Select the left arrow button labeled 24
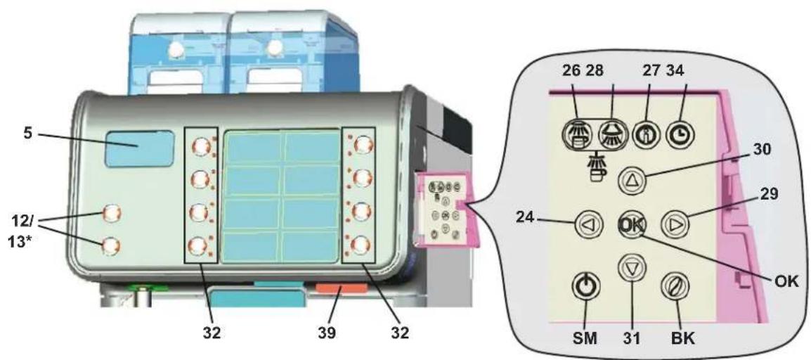click(x=585, y=225)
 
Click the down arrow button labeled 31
click(x=631, y=268)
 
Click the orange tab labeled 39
click(x=341, y=289)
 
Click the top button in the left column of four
click(x=200, y=146)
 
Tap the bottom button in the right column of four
click(x=363, y=245)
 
